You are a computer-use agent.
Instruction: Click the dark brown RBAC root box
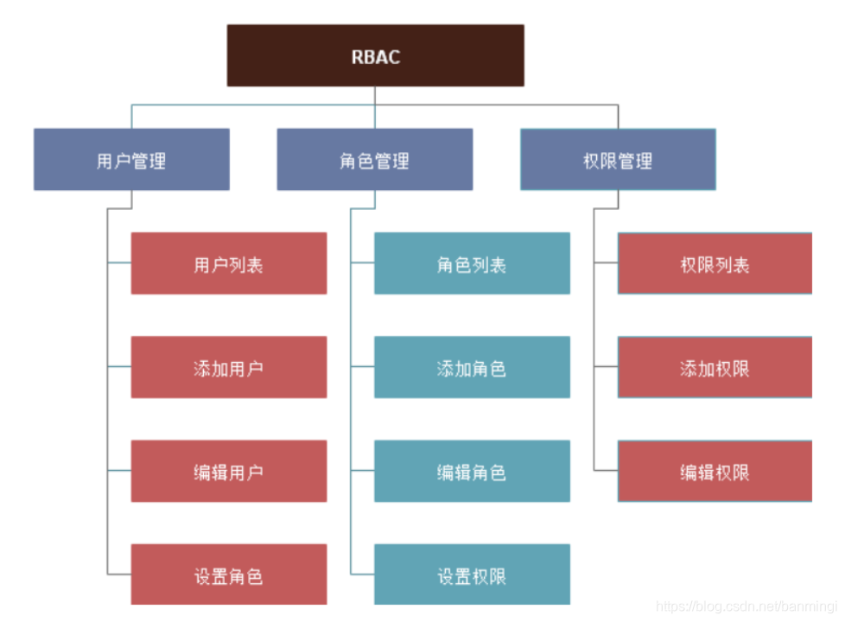(x=375, y=55)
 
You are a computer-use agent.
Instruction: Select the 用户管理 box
(x=131, y=160)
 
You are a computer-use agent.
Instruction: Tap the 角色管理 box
(x=374, y=160)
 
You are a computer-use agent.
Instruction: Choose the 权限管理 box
(x=618, y=160)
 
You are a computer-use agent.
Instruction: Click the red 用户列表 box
(x=229, y=263)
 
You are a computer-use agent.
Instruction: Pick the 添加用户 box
(x=229, y=367)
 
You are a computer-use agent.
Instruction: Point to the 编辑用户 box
(x=229, y=471)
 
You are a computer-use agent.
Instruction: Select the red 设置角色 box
(x=229, y=574)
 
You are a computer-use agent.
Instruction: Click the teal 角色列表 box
(x=472, y=263)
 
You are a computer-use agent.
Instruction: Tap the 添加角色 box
(x=472, y=367)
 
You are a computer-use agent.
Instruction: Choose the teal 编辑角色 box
(x=472, y=471)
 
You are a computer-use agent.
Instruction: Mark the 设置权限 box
(x=472, y=574)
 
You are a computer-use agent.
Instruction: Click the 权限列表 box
(x=715, y=263)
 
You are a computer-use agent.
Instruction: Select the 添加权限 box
(x=715, y=367)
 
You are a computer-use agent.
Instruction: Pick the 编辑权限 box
(x=715, y=471)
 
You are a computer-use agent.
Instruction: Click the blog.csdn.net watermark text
(x=747, y=607)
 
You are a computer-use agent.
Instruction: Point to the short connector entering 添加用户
(x=119, y=366)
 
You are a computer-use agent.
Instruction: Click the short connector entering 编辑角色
(x=362, y=470)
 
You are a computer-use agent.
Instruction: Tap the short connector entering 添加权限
(x=606, y=366)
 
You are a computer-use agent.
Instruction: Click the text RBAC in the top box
(x=376, y=57)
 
